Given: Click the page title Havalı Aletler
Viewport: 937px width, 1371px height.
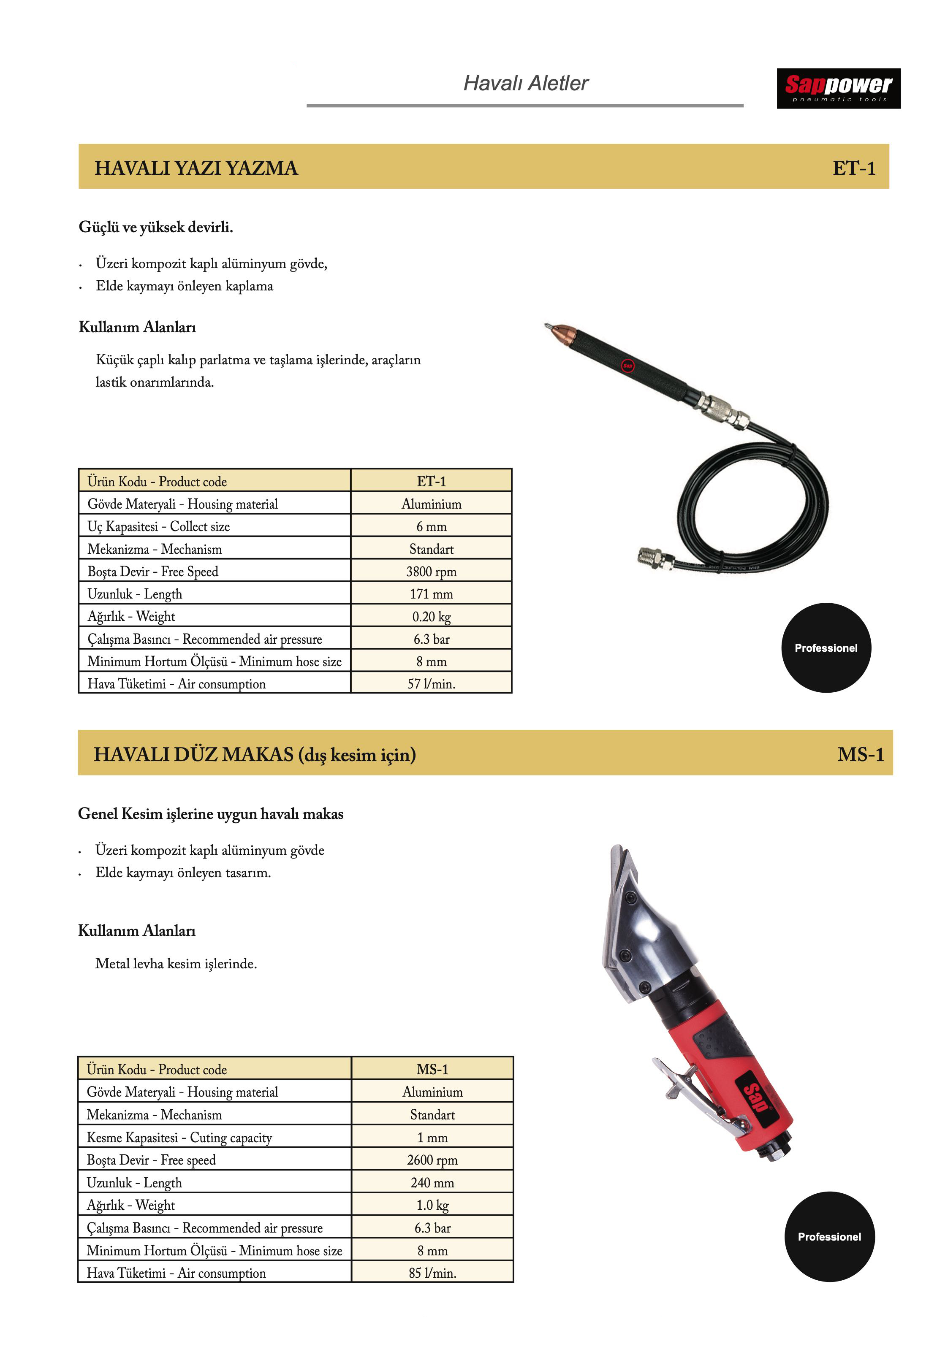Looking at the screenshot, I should tap(525, 83).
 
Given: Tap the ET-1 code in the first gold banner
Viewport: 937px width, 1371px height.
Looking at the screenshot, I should tap(853, 168).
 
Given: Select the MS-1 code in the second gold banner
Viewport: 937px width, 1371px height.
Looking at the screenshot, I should tap(860, 755).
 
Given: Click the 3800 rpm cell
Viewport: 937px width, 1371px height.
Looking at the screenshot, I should tap(431, 571).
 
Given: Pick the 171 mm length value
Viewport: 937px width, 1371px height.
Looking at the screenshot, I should tap(431, 593).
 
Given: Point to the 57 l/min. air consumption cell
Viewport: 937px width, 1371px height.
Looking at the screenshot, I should tap(431, 684).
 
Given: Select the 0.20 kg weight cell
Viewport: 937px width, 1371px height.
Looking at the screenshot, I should tap(431, 616).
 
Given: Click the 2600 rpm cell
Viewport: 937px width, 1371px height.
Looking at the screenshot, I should tap(432, 1160).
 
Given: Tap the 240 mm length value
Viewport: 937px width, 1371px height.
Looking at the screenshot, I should tap(432, 1182).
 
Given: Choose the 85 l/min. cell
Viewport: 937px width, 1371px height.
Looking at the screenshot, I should tap(432, 1273).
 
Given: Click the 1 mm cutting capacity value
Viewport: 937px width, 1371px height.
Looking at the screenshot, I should tap(432, 1138).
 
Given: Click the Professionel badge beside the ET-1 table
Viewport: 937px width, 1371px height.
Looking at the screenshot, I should tap(826, 648).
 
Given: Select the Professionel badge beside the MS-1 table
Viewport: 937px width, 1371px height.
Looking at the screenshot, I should tap(828, 1236).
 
